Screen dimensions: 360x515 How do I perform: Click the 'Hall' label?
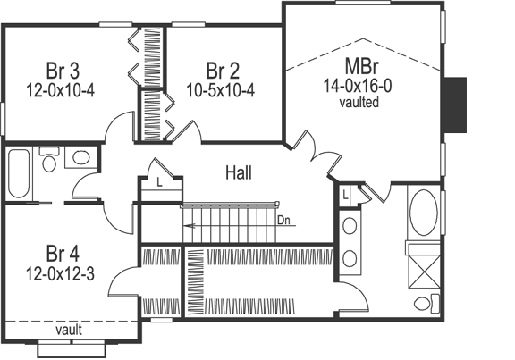pos(238,172)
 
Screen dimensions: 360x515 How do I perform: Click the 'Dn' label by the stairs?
pos(284,217)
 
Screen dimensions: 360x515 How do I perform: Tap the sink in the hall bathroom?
pos(80,158)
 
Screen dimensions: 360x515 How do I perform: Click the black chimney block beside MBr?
pos(457,103)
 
